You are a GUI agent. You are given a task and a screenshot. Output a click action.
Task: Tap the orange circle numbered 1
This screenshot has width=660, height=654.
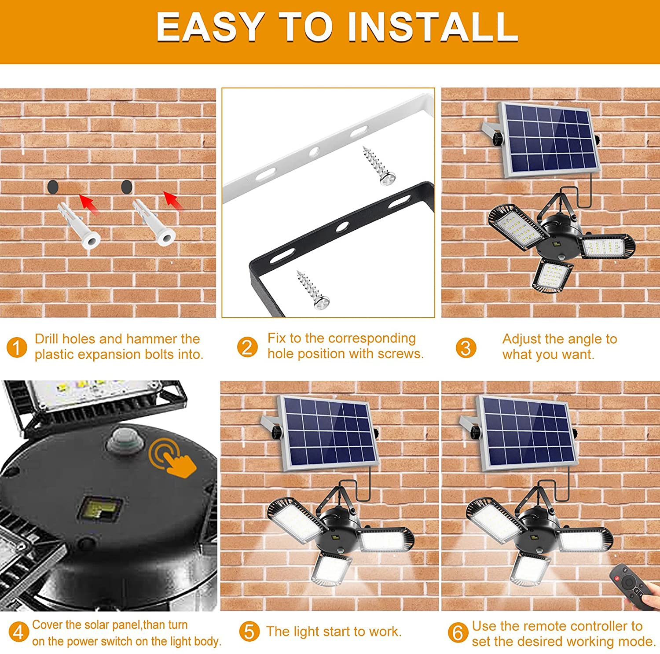(x=17, y=348)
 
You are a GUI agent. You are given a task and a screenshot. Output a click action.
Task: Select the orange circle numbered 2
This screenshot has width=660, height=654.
(x=247, y=347)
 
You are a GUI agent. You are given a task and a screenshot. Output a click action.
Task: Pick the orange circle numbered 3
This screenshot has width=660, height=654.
(x=466, y=348)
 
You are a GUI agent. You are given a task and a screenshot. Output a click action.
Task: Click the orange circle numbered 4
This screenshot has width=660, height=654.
(x=18, y=632)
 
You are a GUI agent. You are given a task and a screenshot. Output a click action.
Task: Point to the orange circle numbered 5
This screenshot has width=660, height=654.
(x=249, y=632)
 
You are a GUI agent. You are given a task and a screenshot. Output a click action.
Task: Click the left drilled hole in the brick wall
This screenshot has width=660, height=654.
(x=53, y=187)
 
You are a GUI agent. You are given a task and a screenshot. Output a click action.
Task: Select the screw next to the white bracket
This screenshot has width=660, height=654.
(x=378, y=166)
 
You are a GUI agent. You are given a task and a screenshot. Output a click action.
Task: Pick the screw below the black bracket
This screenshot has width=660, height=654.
(x=313, y=289)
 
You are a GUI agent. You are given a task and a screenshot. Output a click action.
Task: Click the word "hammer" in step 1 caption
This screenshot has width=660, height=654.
(x=148, y=339)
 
